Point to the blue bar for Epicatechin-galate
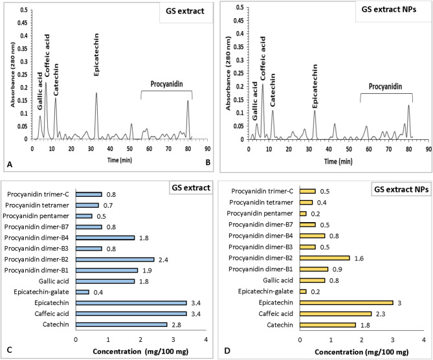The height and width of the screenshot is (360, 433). [82, 292]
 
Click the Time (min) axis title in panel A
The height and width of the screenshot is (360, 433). [114, 160]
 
